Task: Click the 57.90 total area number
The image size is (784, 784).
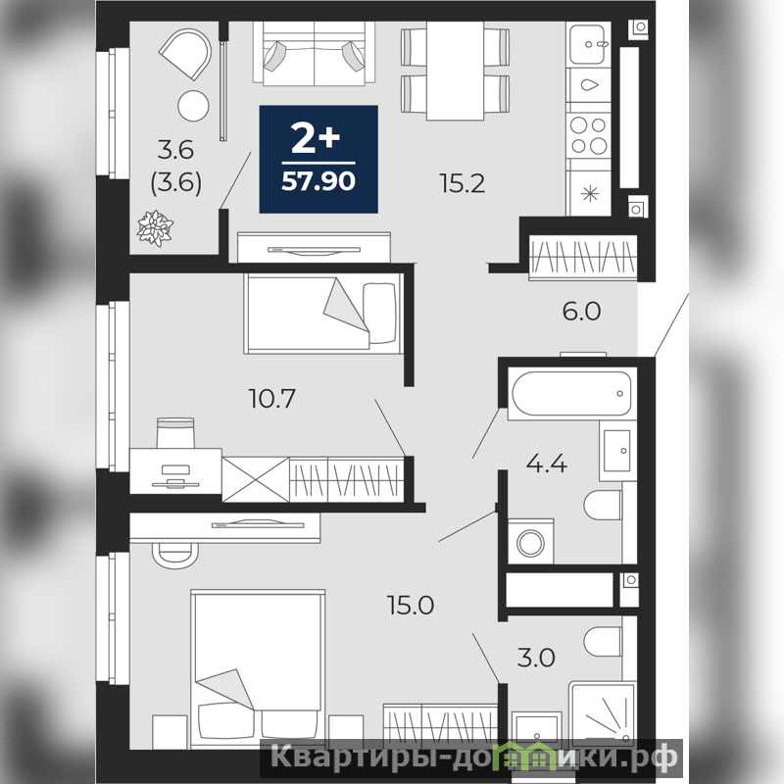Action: [318, 181]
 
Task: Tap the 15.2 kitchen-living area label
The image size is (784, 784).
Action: [463, 183]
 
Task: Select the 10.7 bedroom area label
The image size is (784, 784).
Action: [272, 399]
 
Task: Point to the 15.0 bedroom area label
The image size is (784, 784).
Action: [411, 605]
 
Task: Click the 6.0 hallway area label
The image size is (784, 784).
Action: [581, 311]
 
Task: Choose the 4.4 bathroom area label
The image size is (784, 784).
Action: [547, 464]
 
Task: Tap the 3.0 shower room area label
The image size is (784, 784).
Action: [536, 658]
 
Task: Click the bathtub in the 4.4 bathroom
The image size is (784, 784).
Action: [571, 394]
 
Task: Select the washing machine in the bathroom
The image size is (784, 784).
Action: [530, 542]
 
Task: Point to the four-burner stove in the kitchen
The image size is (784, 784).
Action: [589, 135]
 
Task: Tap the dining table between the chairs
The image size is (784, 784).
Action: [455, 71]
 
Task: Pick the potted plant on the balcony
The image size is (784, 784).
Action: [155, 228]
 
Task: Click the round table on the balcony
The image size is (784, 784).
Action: [193, 106]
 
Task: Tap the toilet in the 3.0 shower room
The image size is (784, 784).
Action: [603, 642]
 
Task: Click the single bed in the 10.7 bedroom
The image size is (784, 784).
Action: [324, 313]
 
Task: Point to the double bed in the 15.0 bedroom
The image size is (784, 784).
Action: [258, 668]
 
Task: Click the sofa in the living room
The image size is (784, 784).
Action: [314, 54]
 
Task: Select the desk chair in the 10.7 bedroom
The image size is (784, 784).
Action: [175, 433]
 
